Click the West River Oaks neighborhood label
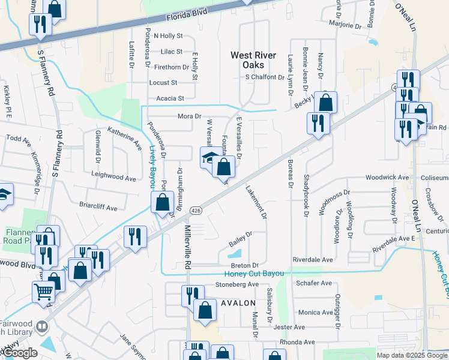click(x=253, y=60)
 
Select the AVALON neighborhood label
click(x=238, y=303)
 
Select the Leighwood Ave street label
click(x=113, y=178)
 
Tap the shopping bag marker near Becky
click(x=325, y=102)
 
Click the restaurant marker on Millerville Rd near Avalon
click(x=193, y=295)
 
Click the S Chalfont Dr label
click(x=264, y=77)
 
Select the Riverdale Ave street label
click(x=313, y=260)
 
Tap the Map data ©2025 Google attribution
click(x=411, y=355)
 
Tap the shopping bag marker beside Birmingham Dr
click(x=163, y=202)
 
